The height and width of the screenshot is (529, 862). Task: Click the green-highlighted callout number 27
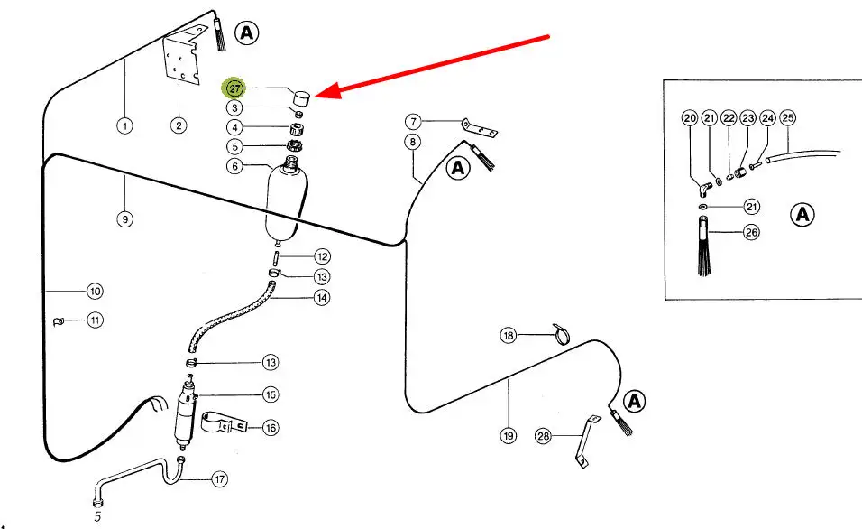234,88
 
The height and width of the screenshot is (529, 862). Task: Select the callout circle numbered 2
179,125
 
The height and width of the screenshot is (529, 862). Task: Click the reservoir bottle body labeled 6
289,203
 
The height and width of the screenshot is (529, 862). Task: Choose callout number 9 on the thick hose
125,218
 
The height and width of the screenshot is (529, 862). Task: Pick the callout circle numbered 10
95,291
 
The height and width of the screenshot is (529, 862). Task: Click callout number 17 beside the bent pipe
219,478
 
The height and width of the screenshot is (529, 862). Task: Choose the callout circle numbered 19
509,435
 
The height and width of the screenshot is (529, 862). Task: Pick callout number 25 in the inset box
787,117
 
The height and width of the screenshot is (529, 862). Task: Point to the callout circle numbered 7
413,121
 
